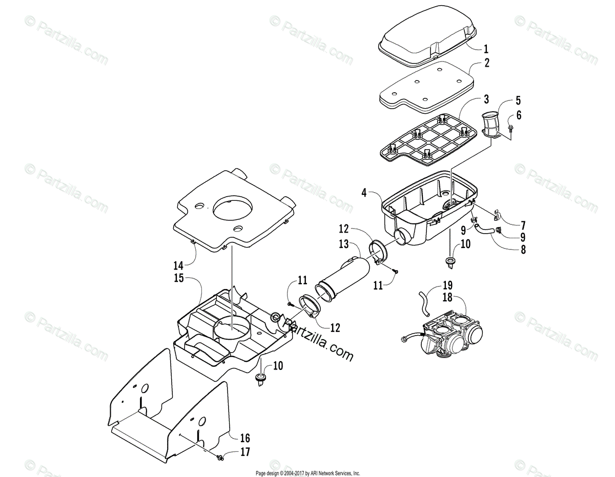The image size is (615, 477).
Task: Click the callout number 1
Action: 486,49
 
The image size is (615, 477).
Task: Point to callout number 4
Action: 364,193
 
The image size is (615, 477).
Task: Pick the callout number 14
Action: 178,266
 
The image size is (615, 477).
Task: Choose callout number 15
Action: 178,279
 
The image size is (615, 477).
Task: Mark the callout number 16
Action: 244,438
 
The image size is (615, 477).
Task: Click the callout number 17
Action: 244,452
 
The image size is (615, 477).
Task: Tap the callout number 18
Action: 448,296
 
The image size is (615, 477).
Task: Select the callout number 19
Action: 448,285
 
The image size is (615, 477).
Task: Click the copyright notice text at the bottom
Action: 307,473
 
